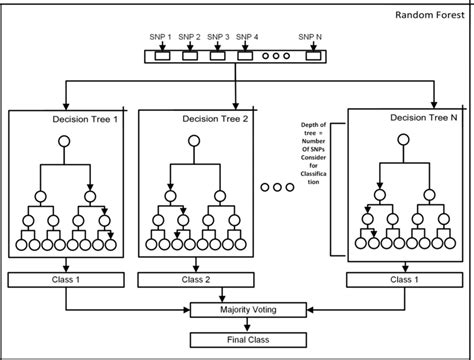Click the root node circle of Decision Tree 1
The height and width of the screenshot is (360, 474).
[64, 140]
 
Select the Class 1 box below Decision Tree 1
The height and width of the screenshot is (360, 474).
[64, 280]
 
